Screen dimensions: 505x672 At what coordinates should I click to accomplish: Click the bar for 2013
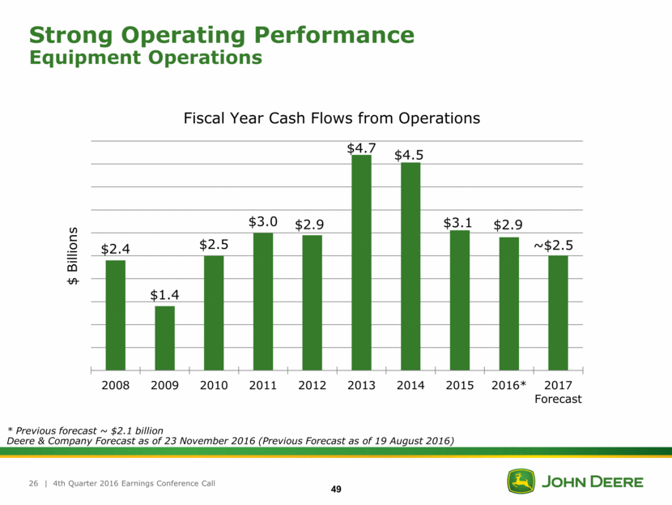[x=361, y=263]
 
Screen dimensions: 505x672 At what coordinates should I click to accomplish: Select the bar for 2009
[x=164, y=338]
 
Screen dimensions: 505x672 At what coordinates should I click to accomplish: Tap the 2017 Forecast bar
[x=558, y=313]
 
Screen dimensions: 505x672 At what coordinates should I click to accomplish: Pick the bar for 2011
[x=263, y=302]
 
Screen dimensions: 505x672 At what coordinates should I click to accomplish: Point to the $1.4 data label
[x=164, y=296]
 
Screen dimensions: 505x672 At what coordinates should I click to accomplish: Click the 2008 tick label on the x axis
[x=115, y=384]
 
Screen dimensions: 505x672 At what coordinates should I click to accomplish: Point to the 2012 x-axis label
[x=312, y=384]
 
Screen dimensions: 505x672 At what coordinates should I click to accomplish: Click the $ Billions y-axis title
[x=73, y=255]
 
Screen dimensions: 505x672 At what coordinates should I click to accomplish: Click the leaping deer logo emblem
[x=521, y=481]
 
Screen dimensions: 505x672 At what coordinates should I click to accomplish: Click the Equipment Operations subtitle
[x=146, y=58]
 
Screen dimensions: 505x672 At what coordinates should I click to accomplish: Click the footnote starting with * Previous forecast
[x=85, y=430]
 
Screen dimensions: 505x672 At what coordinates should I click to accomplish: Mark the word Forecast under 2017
[x=558, y=399]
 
